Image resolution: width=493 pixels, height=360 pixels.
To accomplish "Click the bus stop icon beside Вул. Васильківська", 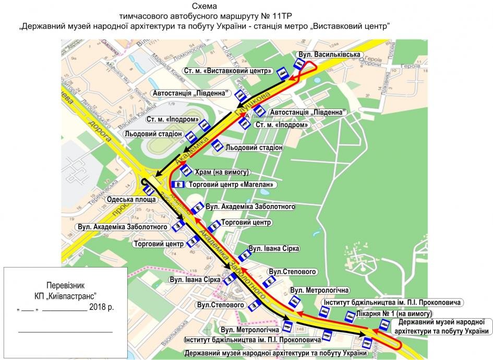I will coord(299,64).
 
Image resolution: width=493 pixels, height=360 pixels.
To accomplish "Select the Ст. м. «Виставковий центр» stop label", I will coord(228,70).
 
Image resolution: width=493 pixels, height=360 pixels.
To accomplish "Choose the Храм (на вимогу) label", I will coord(223,172).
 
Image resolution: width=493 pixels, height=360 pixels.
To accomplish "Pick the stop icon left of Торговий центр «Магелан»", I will coord(178,185).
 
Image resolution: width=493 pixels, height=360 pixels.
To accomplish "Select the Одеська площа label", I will coord(131,200).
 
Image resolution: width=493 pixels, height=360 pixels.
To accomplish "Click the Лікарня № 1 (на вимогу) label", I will coord(388,314).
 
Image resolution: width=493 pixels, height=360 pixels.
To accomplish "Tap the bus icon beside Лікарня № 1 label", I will coord(349,317).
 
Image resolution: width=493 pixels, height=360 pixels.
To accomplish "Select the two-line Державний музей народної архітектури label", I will coord(440,327).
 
